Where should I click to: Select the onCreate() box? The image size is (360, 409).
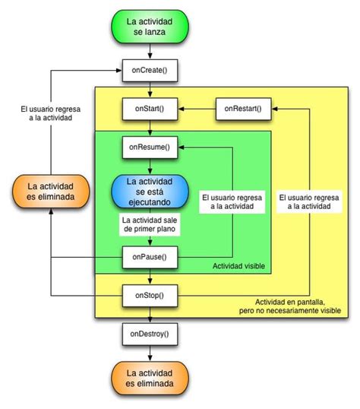[149, 71]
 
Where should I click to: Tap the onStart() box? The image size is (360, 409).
[149, 109]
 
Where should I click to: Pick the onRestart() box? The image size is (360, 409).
[242, 109]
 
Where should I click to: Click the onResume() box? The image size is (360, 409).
[149, 146]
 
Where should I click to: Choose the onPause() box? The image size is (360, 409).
[149, 257]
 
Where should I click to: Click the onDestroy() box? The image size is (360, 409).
[149, 334]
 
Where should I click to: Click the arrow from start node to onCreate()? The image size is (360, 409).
[150, 52]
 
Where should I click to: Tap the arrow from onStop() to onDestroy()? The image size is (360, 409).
[150, 315]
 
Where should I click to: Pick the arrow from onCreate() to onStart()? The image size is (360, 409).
[150, 90]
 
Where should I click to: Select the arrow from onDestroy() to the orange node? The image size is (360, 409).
[150, 354]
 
